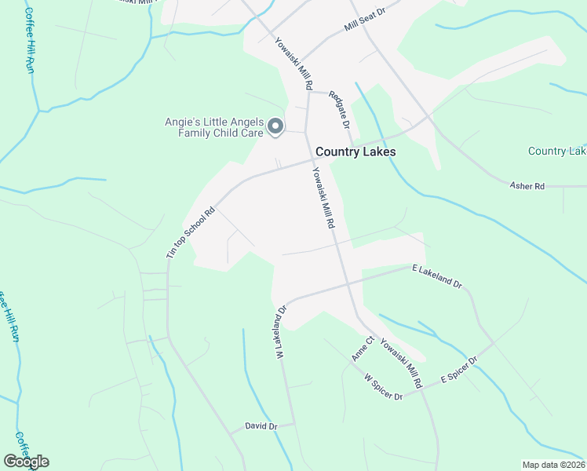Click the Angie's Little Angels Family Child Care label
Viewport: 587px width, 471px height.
point(213,127)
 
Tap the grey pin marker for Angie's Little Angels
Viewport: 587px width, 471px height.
point(275,126)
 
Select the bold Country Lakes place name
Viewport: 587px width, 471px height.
point(355,152)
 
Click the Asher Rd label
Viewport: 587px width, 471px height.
point(527,186)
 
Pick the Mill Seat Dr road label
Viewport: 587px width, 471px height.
point(366,21)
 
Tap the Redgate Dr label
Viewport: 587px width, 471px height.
point(338,109)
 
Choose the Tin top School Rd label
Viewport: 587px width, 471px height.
point(191,233)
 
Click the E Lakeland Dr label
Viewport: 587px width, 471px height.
point(437,277)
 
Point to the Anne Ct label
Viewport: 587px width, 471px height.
point(361,348)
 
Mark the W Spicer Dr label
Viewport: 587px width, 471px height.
point(383,387)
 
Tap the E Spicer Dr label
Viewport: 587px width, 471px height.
point(459,370)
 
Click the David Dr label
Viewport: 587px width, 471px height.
point(261,426)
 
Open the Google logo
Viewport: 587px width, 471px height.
point(26,462)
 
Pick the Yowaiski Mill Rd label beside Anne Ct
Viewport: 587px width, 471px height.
point(402,363)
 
